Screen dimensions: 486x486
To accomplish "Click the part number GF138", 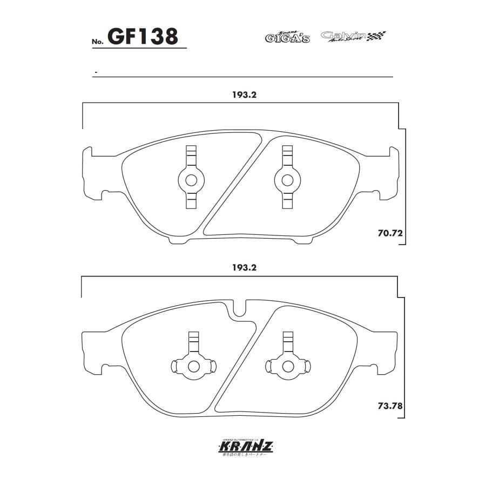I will pyautogui.click(x=143, y=37).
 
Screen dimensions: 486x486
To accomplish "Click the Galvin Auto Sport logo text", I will pyautogui.click(x=343, y=37).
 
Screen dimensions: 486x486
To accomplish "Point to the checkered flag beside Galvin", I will pyautogui.click(x=377, y=37).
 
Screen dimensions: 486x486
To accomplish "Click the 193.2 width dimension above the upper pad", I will pyautogui.click(x=244, y=94).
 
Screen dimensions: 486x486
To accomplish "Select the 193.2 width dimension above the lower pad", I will pyautogui.click(x=244, y=267).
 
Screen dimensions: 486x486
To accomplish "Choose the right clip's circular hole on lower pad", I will pyautogui.click(x=286, y=366).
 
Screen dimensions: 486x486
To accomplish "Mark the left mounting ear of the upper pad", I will pyautogui.click(x=89, y=172).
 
